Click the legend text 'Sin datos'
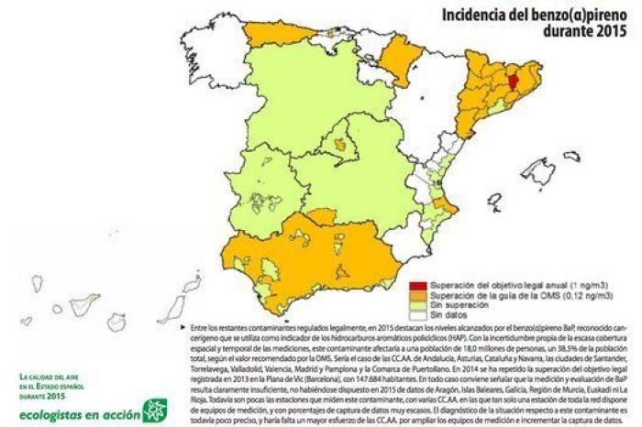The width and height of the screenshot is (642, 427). pos(448,315)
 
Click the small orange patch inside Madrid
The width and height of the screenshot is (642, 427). pos(344,144)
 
